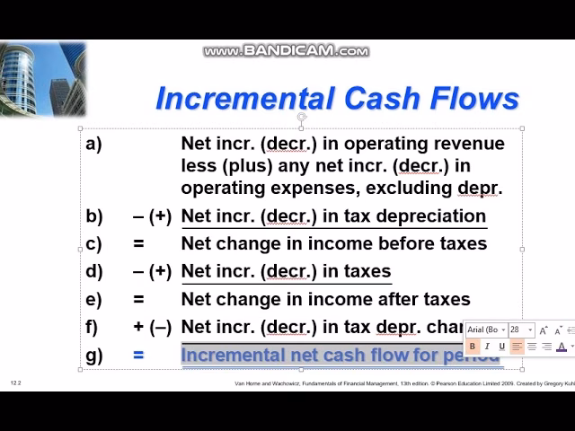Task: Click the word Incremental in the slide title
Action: click(x=233, y=97)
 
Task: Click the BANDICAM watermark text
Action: click(x=286, y=51)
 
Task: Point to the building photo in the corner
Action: click(x=43, y=78)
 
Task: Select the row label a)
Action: click(x=93, y=144)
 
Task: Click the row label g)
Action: click(x=93, y=355)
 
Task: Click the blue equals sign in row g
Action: click(x=138, y=355)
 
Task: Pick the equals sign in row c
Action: click(x=138, y=243)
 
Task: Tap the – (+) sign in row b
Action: click(x=152, y=216)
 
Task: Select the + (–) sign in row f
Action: click(x=152, y=327)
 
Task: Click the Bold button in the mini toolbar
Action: click(x=473, y=347)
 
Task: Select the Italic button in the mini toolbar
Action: click(x=487, y=347)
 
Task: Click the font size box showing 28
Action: click(x=518, y=330)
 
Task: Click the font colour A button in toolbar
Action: click(x=562, y=347)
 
